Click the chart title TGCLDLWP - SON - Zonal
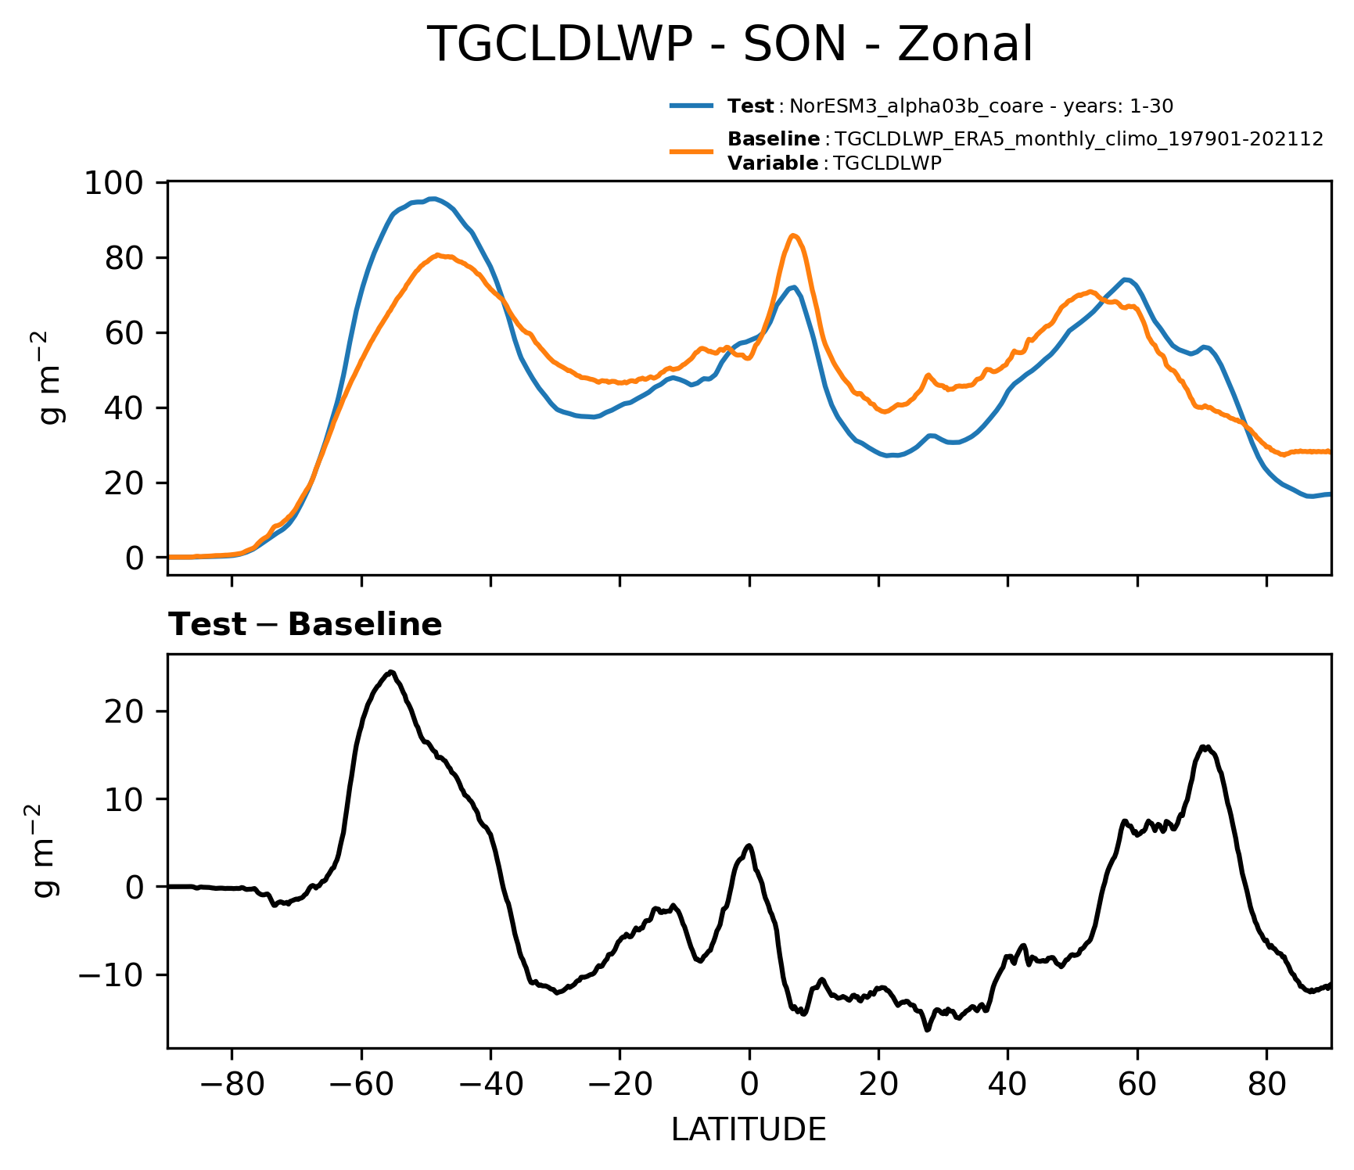coord(731,45)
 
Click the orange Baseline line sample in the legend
coord(691,151)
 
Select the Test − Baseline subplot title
coord(305,625)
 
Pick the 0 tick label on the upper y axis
coord(135,558)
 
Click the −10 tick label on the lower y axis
coord(112,975)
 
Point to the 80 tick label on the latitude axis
coord(1267,1085)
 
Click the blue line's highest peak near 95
coord(433,199)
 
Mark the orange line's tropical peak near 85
coord(793,235)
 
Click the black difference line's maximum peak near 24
coord(391,672)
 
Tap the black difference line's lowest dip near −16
coord(927,1030)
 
